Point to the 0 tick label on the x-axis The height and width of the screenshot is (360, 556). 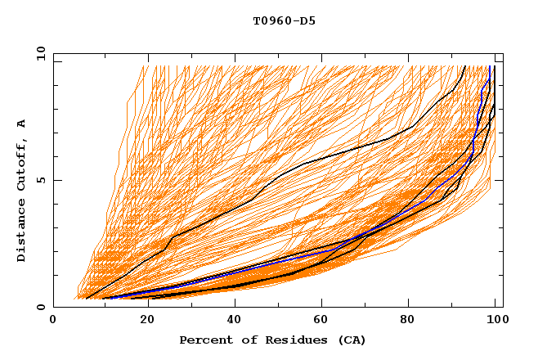(53, 321)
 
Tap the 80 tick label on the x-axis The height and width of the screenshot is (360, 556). (414, 321)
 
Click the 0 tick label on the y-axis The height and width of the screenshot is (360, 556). (42, 308)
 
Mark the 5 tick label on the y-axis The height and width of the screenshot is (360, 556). (42, 180)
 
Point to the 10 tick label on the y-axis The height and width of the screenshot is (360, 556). (39, 52)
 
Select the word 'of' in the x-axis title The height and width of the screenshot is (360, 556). (245, 340)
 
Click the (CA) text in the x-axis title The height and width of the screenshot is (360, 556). (352, 340)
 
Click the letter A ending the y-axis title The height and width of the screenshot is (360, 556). (21, 123)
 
